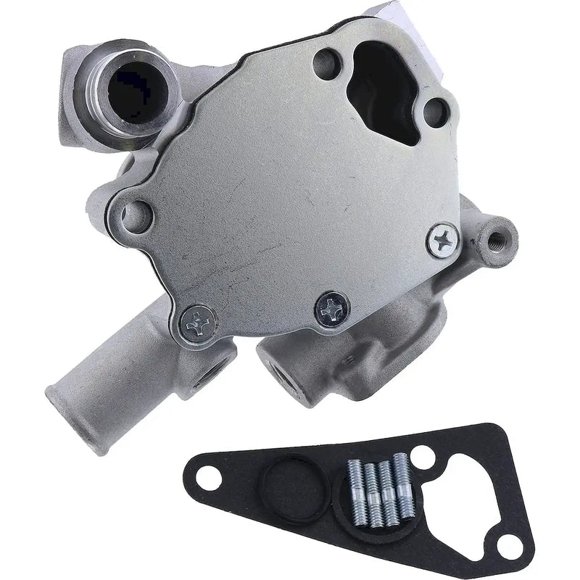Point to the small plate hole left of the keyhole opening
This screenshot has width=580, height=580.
pyautogui.click(x=327, y=59)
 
